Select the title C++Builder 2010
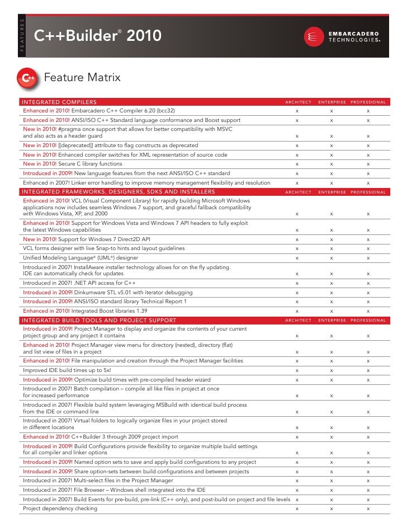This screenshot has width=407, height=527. [98, 37]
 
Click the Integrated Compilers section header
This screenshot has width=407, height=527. [59, 102]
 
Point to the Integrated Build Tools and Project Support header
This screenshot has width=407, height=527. [98, 320]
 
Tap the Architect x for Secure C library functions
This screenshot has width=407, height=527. [297, 164]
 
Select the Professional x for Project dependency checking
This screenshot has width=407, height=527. [368, 509]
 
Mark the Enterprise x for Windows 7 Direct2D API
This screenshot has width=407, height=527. [332, 239]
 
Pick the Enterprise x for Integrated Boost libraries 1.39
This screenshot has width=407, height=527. [332, 310]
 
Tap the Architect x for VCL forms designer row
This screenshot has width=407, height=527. [297, 248]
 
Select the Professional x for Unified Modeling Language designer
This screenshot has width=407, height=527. [368, 258]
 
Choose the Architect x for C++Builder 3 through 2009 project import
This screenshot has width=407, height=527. [297, 437]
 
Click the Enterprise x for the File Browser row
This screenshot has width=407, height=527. [332, 490]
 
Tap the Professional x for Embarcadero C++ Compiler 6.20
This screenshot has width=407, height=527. [368, 111]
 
